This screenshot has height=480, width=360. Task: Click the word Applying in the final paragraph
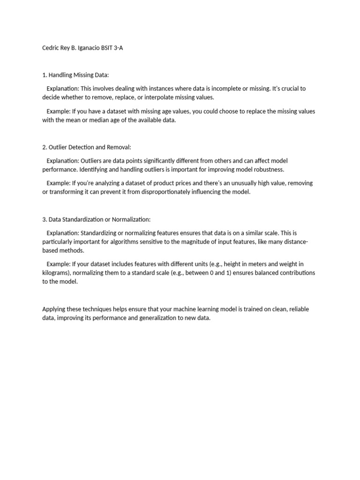click(53, 309)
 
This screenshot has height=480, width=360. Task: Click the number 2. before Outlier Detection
click(45, 147)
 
